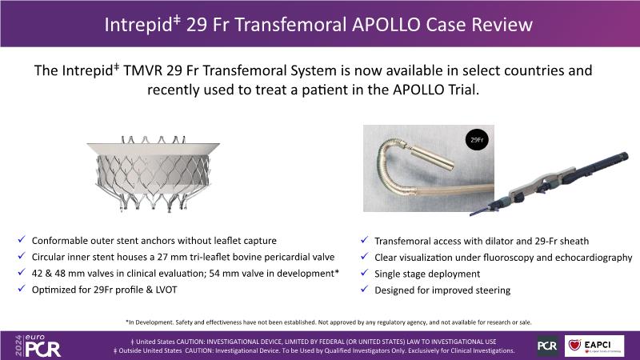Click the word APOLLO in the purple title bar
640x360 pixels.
click(x=386, y=25)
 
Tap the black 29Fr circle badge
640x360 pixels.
click(x=477, y=139)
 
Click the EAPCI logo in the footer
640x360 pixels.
click(x=594, y=346)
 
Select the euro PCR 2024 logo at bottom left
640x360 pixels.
click(x=38, y=346)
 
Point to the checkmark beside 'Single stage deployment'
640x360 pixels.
click(x=365, y=273)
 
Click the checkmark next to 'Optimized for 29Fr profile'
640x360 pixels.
click(x=22, y=289)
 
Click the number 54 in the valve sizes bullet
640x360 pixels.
click(x=214, y=274)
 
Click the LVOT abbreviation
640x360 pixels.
click(x=166, y=290)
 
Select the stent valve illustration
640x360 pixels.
click(x=153, y=174)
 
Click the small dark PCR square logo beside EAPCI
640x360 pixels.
click(x=547, y=346)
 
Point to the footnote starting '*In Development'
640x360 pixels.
click(x=329, y=322)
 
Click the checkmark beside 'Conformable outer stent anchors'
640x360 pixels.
click(x=22, y=239)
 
